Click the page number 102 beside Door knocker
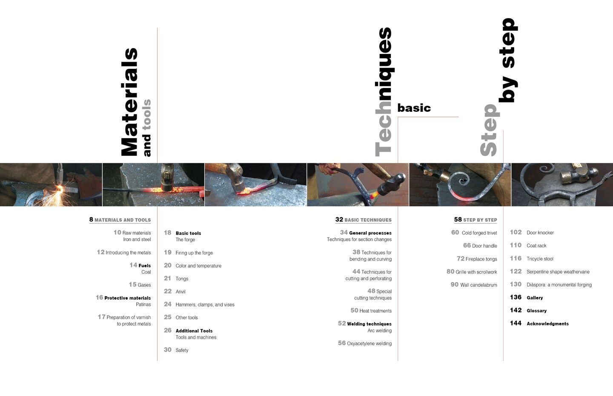pos(516,232)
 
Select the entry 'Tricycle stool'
pos(540,259)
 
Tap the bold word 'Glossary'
pos(536,311)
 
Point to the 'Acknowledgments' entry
pos(547,324)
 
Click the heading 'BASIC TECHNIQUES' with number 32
pos(364,220)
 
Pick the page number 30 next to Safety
pos(167,350)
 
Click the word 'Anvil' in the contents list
pos(180,291)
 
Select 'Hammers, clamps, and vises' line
pos(205,305)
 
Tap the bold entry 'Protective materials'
pos(128,298)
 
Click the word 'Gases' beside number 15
pos(144,285)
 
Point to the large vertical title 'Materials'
pos(130,102)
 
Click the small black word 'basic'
pos(414,108)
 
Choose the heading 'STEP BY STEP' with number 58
pos(476,220)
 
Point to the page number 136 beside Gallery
pos(516,297)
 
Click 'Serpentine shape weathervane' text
pos(558,272)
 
